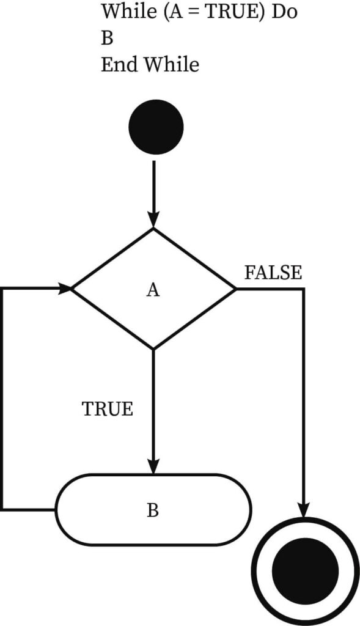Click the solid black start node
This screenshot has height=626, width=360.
156,127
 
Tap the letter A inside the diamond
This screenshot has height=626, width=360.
153,290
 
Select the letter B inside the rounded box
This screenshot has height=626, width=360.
152,510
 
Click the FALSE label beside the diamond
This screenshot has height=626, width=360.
273,273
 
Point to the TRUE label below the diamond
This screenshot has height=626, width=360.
108,409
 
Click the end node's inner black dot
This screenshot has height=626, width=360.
306,570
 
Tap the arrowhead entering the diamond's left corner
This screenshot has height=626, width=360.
64,289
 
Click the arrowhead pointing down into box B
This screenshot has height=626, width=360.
153,466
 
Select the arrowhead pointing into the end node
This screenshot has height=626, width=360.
304,510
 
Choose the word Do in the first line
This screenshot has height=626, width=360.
285,12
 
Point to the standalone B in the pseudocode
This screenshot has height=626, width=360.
106,38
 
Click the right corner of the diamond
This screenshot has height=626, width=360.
235,289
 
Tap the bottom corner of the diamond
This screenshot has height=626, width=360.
153,349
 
